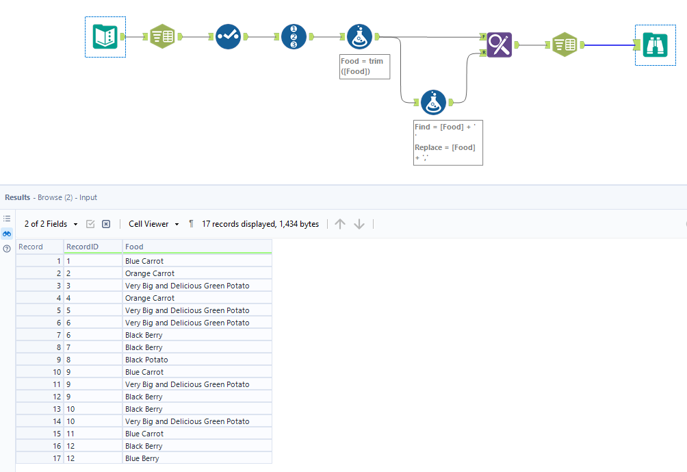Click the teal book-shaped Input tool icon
105,36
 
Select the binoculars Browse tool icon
656,45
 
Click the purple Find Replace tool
500,45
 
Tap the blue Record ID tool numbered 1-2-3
294,36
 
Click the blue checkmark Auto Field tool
228,36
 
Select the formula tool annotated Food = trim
359,36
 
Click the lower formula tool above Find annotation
433,102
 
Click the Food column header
135,247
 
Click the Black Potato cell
146,360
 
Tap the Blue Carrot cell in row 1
144,261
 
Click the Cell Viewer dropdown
153,224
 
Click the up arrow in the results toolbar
340,224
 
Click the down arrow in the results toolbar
359,224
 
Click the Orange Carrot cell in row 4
150,298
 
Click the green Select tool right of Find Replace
564,45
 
